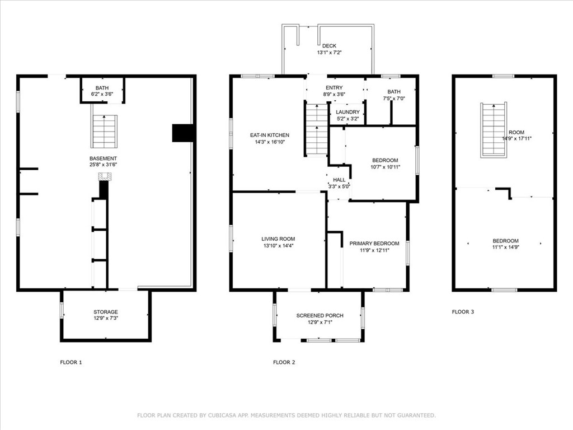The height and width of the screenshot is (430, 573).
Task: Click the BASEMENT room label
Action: point(103,158)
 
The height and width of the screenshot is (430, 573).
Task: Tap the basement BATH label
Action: point(102,88)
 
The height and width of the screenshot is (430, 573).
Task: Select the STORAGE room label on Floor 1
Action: point(105,312)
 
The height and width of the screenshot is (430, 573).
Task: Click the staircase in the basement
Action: point(105,132)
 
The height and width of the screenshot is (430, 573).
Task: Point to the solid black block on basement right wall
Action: point(182,133)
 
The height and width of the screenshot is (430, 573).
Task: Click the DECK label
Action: point(329,46)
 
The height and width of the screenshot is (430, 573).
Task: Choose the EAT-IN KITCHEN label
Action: point(269,135)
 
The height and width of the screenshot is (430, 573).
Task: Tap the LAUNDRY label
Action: point(347,112)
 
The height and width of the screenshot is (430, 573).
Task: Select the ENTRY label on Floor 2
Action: point(334,88)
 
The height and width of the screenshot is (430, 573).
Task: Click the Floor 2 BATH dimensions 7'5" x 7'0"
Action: point(394,99)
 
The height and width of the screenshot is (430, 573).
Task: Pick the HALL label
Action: point(339,180)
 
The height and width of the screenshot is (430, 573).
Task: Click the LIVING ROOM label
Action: point(278,239)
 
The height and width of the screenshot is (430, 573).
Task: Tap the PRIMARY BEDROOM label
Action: point(374,244)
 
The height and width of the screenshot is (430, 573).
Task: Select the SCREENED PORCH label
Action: point(320,316)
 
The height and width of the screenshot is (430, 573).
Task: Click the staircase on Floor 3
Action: point(494,130)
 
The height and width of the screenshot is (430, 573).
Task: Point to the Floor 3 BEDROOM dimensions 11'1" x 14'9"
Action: point(505,247)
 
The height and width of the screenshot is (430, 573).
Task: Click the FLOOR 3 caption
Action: point(463,312)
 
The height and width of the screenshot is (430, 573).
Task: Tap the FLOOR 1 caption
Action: point(71,362)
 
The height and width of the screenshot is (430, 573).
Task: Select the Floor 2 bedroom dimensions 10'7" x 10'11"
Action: point(385,167)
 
